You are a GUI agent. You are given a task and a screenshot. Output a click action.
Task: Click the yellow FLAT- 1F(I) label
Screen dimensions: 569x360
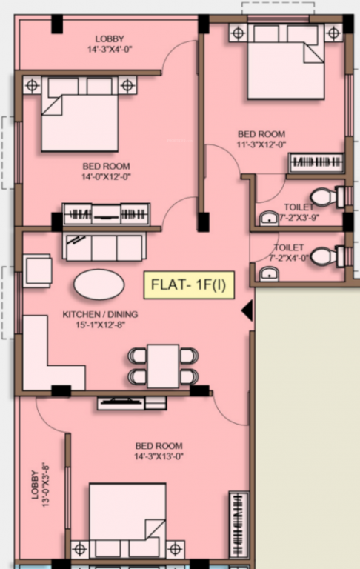188,285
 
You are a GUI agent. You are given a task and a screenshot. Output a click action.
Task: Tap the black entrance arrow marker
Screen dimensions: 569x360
247,310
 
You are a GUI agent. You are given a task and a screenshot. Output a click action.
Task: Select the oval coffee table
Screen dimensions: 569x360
99,284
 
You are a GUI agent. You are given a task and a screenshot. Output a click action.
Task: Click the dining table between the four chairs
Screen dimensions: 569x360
163,365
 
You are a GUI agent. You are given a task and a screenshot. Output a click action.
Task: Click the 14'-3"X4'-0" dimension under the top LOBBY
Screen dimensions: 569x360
110,50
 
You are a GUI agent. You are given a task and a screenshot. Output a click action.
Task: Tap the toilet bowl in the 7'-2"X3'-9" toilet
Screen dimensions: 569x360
324,196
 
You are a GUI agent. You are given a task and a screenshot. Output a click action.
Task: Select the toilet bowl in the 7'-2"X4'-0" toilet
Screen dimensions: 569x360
324,256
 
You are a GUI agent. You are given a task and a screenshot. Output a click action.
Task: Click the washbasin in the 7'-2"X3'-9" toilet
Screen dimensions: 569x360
268,217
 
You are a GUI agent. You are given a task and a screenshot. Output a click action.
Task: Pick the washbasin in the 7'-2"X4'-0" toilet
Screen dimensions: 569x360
269,275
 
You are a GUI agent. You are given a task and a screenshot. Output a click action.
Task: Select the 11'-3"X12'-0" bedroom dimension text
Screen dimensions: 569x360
261,144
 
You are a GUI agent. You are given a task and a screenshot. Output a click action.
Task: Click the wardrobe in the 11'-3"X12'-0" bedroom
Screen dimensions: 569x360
316,162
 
